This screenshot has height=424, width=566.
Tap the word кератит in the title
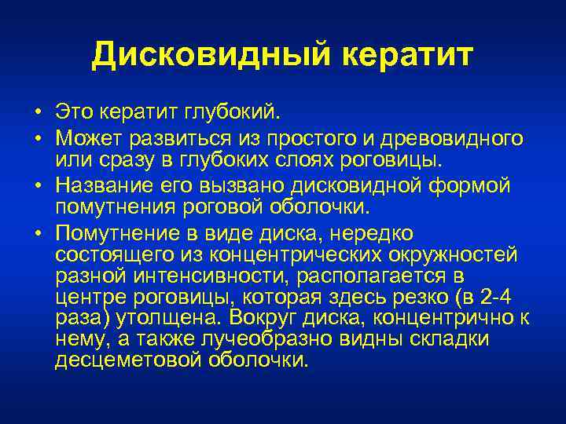pyautogui.click(x=410, y=56)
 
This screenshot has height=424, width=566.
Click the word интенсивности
pyautogui.click(x=216, y=277)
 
